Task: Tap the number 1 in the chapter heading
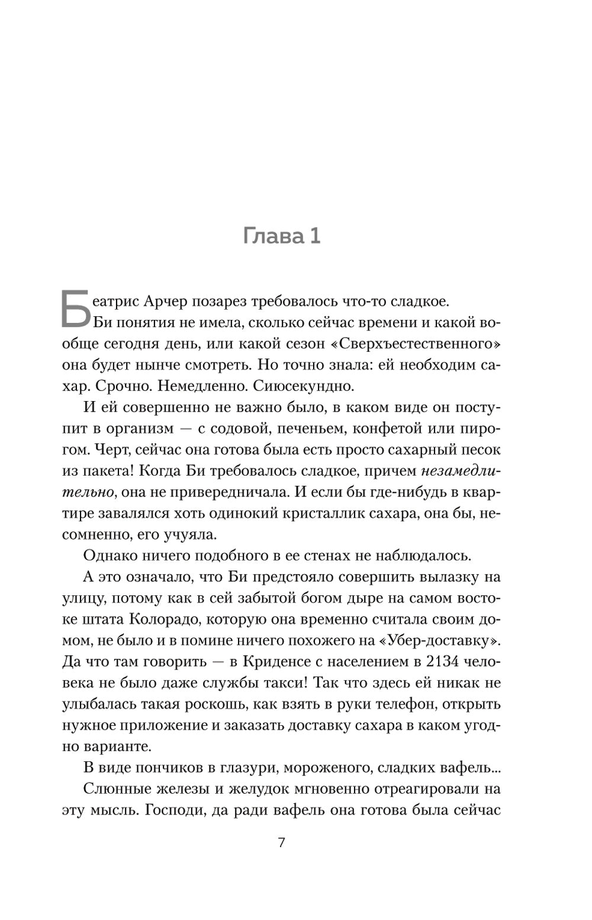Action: [x=314, y=236]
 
